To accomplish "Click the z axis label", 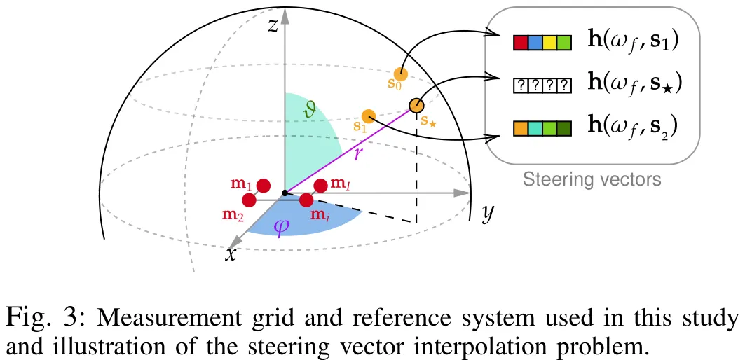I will pyautogui.click(x=273, y=26).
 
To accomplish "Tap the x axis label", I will pyautogui.click(x=230, y=254).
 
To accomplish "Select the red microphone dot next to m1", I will pyautogui.click(x=264, y=186).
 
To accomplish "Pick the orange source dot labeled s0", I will pyautogui.click(x=400, y=74).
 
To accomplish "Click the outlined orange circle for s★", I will pyautogui.click(x=416, y=106).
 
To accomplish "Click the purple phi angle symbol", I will pyautogui.click(x=280, y=228).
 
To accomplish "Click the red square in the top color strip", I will pyautogui.click(x=520, y=43).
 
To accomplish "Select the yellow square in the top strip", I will pyautogui.click(x=549, y=43).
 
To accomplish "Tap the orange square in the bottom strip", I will pyautogui.click(x=520, y=129).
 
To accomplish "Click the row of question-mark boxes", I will pyautogui.click(x=542, y=86).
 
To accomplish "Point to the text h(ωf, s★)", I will pyautogui.click(x=635, y=84).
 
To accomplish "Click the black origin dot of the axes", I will pyautogui.click(x=284, y=193).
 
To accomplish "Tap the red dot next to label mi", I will pyautogui.click(x=306, y=200).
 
